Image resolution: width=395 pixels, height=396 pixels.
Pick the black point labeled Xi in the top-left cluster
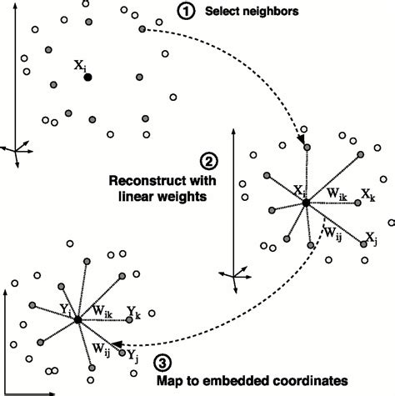tap(87, 77)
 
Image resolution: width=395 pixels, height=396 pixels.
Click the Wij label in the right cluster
tap(333, 234)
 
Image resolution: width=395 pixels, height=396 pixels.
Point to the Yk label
tap(134, 312)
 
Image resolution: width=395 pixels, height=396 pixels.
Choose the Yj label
tap(133, 354)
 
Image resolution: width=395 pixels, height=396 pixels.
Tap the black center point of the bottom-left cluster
tap(77, 319)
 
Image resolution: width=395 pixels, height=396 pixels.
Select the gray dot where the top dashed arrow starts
tap(142, 29)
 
